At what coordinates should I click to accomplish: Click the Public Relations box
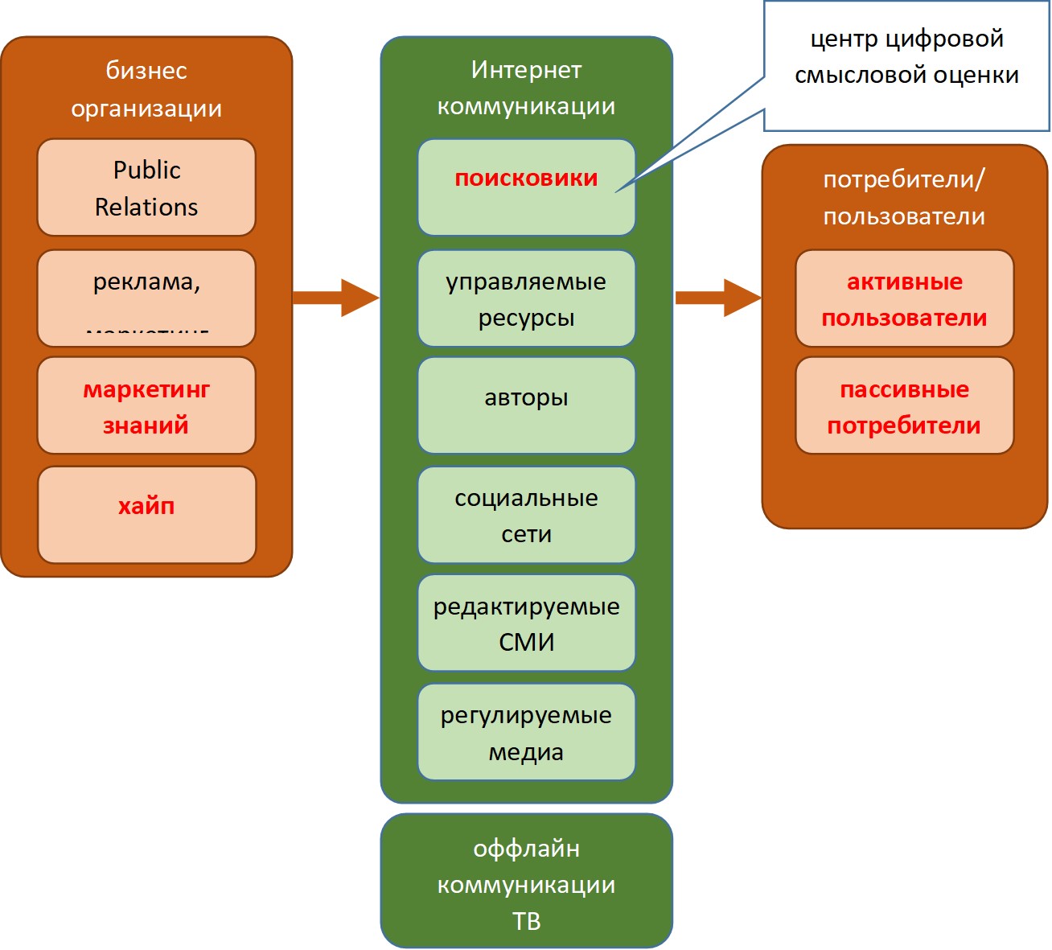click(x=146, y=187)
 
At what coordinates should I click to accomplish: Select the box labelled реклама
click(x=146, y=298)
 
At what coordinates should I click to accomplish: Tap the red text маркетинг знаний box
click(x=146, y=406)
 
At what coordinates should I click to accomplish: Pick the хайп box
click(x=146, y=515)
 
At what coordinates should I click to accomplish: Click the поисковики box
click(x=526, y=187)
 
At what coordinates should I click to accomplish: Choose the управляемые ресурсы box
click(x=526, y=298)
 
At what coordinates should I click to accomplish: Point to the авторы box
click(x=526, y=405)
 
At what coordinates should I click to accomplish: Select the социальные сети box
click(x=526, y=515)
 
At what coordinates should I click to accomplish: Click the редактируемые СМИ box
click(x=526, y=623)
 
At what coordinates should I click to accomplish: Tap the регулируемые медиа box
click(x=526, y=732)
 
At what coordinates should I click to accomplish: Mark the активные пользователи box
click(x=904, y=298)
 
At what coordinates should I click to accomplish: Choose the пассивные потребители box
click(x=904, y=406)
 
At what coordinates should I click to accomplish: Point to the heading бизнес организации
click(x=146, y=88)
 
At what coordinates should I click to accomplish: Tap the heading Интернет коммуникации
click(x=526, y=88)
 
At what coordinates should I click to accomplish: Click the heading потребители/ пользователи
click(x=904, y=197)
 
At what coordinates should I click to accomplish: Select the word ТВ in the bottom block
click(x=526, y=921)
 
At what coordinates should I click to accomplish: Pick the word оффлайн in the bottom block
click(x=526, y=849)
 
